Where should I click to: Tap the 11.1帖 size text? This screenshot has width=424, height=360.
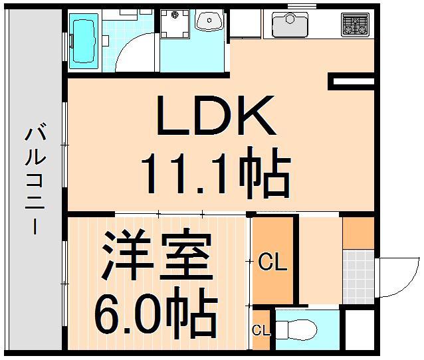pyautogui.click(x=215, y=173)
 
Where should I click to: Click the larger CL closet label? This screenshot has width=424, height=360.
pyautogui.click(x=272, y=263)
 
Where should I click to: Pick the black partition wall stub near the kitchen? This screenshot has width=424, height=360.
pyautogui.click(x=352, y=82)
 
